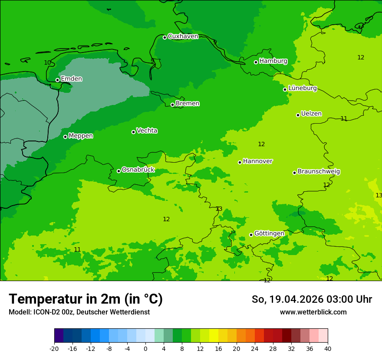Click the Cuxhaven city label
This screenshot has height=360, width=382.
pos(183,36)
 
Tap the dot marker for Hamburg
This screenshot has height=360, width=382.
pos(256,62)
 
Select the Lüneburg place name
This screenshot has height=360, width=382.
pos(303,88)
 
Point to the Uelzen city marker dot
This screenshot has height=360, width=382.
pos(298,115)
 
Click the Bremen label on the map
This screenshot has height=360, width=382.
pos(188,104)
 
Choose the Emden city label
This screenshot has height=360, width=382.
pos(71,79)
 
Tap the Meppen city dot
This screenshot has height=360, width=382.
pos(65,137)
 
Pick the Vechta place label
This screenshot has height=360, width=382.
pos(147,131)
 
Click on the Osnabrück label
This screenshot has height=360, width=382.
pos(138,170)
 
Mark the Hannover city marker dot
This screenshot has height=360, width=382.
pos(240,162)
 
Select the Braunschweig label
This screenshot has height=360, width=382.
pos(319,171)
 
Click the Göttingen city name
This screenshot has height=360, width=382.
pos(269,233)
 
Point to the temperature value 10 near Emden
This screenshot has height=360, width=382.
pos(47,62)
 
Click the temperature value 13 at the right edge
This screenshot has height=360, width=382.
pos(379,195)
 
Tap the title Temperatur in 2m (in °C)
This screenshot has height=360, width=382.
pos(86,299)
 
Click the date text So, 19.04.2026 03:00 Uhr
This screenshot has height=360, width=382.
pos(312,299)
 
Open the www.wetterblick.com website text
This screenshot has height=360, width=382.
pos(313,312)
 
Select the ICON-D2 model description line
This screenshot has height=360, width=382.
pos(79,312)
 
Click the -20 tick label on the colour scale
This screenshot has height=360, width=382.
pos(54,348)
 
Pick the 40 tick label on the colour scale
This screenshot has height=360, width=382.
pos(328,348)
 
